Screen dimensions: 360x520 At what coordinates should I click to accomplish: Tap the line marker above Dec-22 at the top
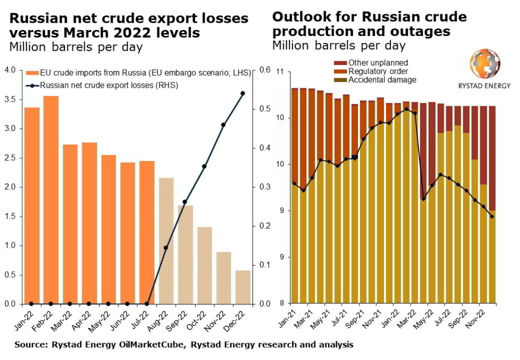coord(243,93)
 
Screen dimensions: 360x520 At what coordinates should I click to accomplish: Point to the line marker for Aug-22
coord(166,248)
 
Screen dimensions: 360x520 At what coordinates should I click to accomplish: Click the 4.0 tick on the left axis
coord(10,70)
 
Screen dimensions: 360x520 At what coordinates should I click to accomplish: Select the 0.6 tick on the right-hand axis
coord(265,70)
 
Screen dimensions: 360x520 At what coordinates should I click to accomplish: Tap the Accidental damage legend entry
coord(377,80)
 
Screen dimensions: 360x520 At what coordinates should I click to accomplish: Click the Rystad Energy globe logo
coord(483,64)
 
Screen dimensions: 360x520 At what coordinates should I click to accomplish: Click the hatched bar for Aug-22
coord(166,241)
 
